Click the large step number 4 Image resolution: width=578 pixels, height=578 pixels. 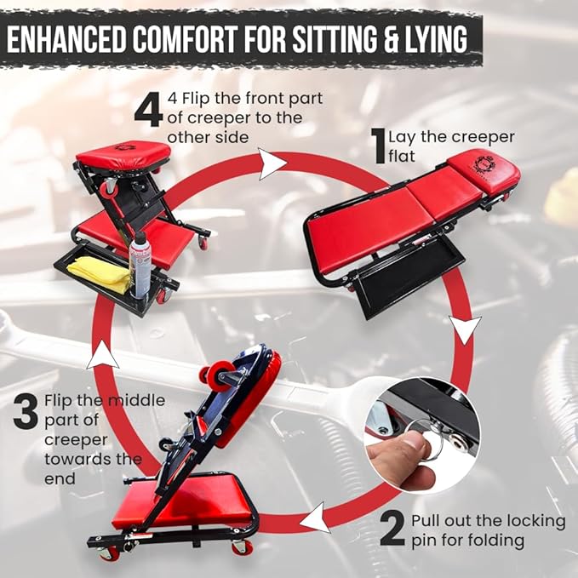click(148, 110)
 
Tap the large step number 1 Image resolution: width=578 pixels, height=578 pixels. click(379, 146)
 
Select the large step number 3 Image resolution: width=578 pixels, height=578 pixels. click(26, 412)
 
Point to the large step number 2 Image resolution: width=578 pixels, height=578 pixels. click(392, 528)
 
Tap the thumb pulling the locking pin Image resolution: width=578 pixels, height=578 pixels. click(400, 452)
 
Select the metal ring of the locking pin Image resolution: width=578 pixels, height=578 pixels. click(427, 439)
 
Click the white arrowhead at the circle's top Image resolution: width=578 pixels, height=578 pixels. click(272, 164)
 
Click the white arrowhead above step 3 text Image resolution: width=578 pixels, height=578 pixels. click(103, 356)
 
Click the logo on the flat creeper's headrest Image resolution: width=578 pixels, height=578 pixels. click(484, 164)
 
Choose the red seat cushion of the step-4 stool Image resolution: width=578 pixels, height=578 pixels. click(123, 157)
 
